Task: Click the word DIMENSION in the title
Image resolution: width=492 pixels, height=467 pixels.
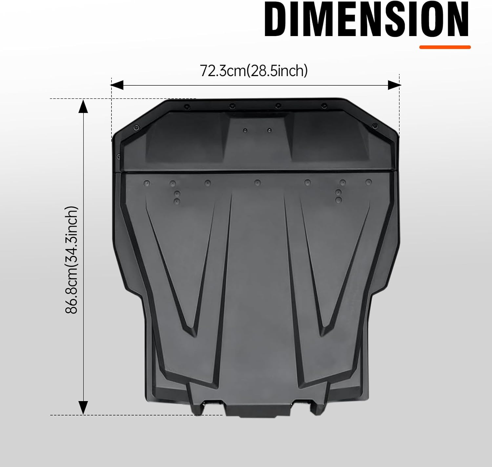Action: (366, 20)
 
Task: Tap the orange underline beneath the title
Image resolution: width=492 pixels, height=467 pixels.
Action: (445, 47)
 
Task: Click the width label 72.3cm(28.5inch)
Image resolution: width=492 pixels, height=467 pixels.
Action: (254, 71)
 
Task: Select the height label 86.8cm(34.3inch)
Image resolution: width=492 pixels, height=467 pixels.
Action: (72, 260)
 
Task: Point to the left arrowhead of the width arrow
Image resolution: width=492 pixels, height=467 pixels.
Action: (117, 85)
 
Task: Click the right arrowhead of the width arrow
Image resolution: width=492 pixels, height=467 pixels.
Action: (394, 85)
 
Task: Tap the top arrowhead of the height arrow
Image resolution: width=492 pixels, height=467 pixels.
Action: (83, 106)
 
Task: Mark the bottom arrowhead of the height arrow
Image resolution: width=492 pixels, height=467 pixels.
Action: (83, 408)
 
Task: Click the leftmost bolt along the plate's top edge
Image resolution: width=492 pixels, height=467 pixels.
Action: (187, 106)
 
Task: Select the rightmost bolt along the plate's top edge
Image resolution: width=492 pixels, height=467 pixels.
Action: (324, 106)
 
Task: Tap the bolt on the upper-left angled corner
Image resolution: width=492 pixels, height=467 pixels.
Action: (136, 128)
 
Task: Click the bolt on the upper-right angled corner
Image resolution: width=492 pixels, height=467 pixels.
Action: (375, 125)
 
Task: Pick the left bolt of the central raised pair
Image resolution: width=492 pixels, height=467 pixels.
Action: (245, 131)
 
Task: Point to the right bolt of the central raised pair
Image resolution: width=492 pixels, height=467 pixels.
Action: (269, 130)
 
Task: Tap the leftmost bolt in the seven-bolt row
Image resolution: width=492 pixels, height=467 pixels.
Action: (147, 182)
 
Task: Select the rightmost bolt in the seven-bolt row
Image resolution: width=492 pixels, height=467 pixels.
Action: (369, 181)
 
